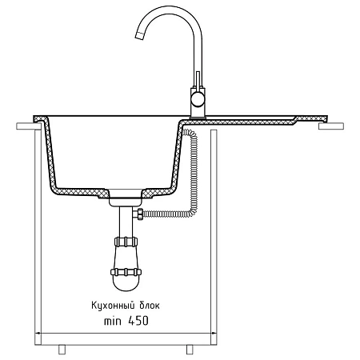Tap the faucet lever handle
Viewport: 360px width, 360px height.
[198, 79]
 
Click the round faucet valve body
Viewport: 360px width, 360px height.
[198, 99]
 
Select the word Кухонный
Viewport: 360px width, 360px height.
[112, 306]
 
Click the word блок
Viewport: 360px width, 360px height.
[150, 306]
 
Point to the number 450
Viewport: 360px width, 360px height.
[138, 321]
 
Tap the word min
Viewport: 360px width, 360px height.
[112, 322]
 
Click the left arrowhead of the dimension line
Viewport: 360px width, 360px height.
[38, 333]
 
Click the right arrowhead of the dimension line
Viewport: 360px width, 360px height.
[214, 333]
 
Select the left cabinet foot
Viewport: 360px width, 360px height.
[62, 350]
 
